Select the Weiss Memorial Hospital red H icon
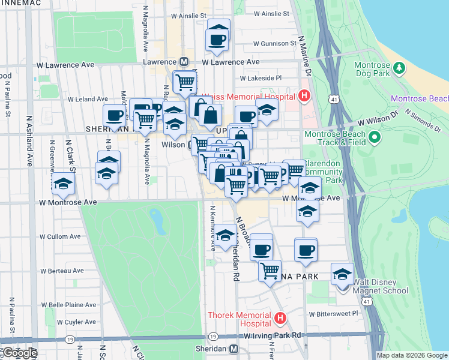pyautogui.click(x=304, y=96)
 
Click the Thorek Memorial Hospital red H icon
pyautogui.click(x=279, y=319)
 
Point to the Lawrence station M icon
pyautogui.click(x=184, y=62)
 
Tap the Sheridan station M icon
pyautogui.click(x=234, y=349)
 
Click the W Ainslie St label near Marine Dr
pyautogui.click(x=272, y=13)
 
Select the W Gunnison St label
pyautogui.click(x=274, y=44)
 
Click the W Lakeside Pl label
pyautogui.click(x=261, y=78)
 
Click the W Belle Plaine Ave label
pyautogui.click(x=67, y=305)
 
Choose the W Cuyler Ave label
pyautogui.click(x=59, y=322)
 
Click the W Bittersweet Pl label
pyautogui.click(x=333, y=313)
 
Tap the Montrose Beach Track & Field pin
pyautogui.click(x=375, y=139)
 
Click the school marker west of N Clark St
pyautogui.click(x=62, y=185)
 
